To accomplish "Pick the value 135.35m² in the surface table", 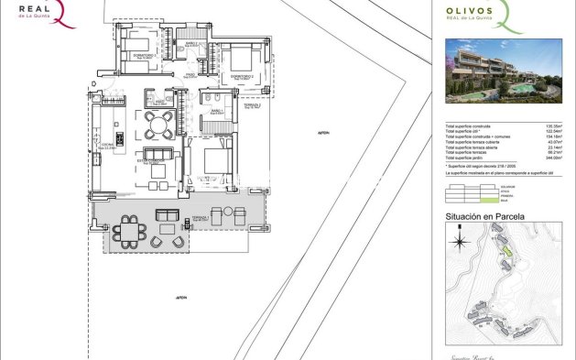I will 552,126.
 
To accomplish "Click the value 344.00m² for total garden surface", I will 552,159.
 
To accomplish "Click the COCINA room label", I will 104,145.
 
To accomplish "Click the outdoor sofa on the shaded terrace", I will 168,216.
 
